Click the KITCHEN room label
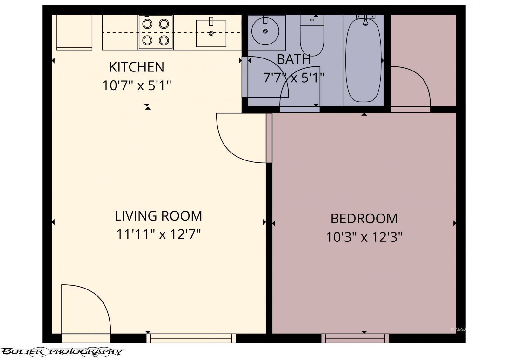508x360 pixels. click(x=137, y=67)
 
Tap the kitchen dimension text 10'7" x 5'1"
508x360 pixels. click(x=137, y=85)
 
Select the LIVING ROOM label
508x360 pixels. click(x=158, y=216)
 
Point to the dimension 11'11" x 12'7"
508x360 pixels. click(x=158, y=235)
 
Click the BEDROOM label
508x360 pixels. click(x=364, y=219)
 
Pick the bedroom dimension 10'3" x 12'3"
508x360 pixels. click(x=364, y=237)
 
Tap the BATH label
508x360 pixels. click(x=293, y=59)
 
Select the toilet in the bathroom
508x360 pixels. click(x=312, y=38)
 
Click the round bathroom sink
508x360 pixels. click(x=265, y=31)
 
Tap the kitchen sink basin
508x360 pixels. click(x=211, y=33)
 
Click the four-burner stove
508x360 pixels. click(x=156, y=32)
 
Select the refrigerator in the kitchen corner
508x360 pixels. click(x=74, y=32)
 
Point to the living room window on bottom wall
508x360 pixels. click(x=191, y=338)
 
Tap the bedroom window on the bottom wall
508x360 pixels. click(x=355, y=338)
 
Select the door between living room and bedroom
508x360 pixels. click(x=243, y=138)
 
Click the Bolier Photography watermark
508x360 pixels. click(x=62, y=351)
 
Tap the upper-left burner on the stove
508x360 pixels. click(x=147, y=24)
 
